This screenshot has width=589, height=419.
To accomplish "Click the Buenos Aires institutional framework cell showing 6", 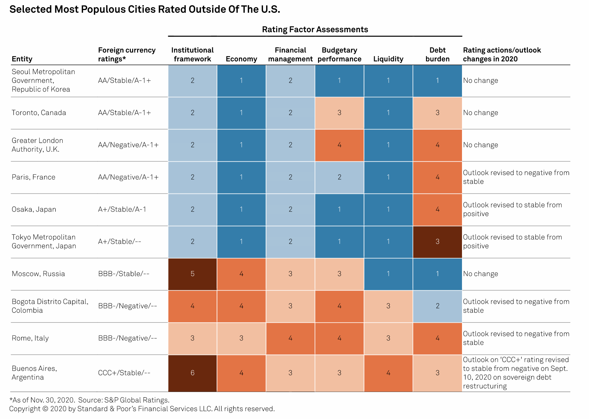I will tap(192, 373).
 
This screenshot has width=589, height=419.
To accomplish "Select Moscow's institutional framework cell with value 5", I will tap(192, 274).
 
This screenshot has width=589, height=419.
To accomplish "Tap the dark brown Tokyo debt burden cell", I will tap(437, 242).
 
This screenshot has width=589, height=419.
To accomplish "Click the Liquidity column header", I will tap(388, 59).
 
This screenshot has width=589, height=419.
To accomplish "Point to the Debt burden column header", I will tap(437, 55).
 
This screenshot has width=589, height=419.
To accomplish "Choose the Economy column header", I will tap(241, 59).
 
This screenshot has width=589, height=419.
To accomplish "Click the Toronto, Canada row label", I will tap(39, 113).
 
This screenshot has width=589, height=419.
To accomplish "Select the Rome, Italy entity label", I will tap(30, 338).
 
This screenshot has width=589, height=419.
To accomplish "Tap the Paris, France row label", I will tap(34, 177).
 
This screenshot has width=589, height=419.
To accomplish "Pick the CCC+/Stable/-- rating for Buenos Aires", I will tap(124, 373).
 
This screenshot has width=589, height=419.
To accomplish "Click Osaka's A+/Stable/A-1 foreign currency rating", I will tap(122, 209).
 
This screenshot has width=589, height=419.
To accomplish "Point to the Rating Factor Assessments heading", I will tap(315, 30).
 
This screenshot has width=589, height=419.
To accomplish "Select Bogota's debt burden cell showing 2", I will tap(437, 306).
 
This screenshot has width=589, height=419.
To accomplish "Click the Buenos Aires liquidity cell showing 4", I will tap(388, 373).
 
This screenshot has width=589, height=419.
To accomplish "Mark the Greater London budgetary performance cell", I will tap(339, 145).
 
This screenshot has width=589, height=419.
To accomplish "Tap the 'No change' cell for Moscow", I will tap(481, 274).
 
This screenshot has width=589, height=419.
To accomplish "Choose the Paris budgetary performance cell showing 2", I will tap(339, 177).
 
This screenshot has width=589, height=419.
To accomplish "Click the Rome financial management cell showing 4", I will tap(290, 338).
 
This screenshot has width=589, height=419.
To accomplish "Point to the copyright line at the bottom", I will tap(142, 409).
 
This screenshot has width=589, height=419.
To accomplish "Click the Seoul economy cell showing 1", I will tap(241, 81).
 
